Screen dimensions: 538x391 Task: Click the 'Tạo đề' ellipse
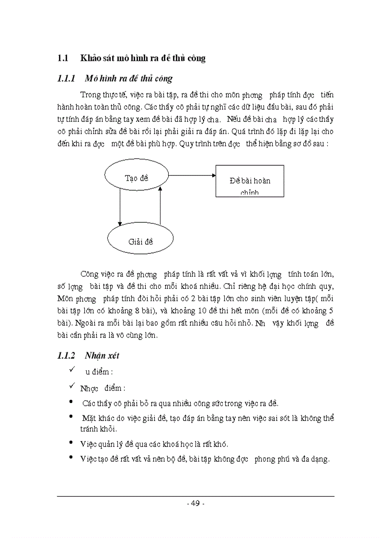click(137, 178)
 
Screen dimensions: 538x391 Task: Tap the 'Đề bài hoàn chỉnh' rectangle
click(250, 181)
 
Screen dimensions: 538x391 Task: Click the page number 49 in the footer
click(195, 503)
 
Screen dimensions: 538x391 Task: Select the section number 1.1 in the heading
click(63, 58)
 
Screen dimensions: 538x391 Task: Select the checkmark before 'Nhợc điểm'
click(72, 386)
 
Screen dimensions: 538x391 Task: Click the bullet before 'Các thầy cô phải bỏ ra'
click(71, 402)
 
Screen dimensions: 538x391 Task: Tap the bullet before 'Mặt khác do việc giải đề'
click(71, 417)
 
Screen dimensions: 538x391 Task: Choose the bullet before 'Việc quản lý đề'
click(71, 442)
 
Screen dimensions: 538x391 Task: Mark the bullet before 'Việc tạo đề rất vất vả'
click(71, 458)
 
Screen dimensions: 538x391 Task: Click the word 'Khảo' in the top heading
click(90, 58)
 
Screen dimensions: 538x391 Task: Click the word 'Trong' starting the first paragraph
click(90, 94)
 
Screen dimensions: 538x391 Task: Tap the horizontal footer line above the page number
click(195, 496)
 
